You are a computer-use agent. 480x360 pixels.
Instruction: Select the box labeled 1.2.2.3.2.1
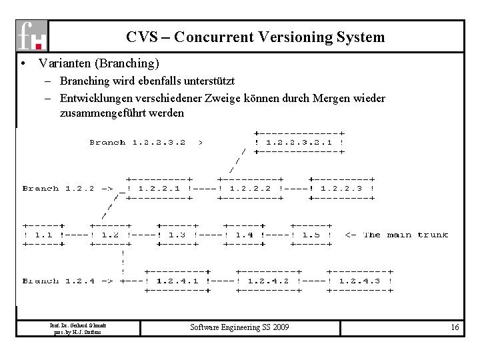tap(299, 142)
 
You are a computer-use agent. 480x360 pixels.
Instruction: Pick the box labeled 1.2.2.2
tap(249, 188)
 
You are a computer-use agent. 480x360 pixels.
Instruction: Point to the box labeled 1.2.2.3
tap(341, 188)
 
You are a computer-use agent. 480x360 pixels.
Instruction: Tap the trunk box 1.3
tap(177, 235)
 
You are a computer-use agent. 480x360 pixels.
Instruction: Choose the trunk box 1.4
tap(243, 235)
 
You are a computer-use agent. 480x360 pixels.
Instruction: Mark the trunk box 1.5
tap(310, 235)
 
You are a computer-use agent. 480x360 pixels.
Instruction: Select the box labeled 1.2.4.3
tap(360, 281)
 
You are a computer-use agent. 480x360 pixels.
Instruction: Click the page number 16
tap(455, 327)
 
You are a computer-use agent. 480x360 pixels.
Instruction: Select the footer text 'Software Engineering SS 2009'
tap(241, 327)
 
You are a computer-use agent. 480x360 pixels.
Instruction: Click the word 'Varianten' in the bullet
tap(65, 64)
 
